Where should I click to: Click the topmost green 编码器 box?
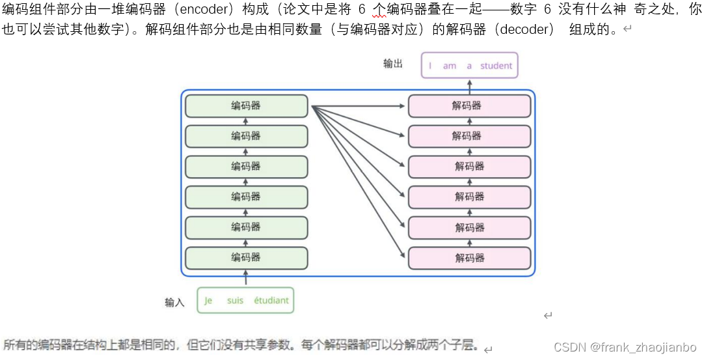246,105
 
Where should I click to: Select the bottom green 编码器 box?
246,257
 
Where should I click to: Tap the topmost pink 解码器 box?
469,105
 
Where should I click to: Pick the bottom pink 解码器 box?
469,257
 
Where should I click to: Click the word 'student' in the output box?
496,66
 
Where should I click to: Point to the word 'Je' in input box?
208,301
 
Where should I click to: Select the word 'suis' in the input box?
235,301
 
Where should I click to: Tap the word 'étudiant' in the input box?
271,301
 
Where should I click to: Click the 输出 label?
393,64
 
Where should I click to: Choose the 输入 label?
175,302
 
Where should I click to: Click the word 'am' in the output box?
450,66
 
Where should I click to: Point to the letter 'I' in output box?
430,66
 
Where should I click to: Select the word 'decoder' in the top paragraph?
526,30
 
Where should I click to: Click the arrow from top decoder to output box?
469,87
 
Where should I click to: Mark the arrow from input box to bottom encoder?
245,278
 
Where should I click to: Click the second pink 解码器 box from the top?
469,136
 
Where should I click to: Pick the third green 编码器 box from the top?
246,166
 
